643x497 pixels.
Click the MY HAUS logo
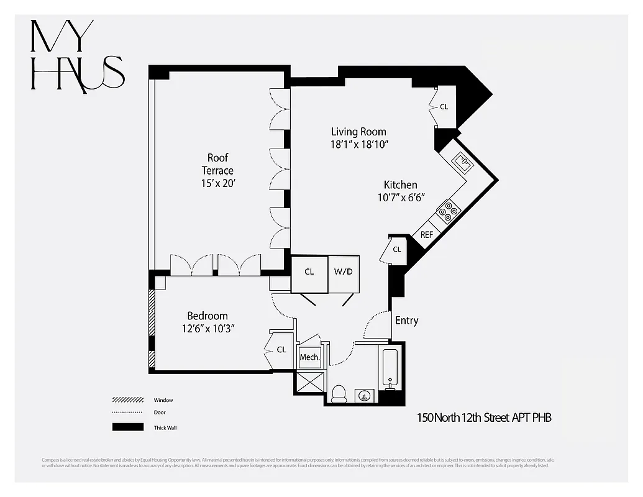click(77, 56)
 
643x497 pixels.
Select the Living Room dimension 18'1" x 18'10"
click(358, 145)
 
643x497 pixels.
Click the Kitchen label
click(400, 185)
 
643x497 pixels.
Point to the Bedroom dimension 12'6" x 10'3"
click(207, 329)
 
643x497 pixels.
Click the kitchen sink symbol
click(463, 162)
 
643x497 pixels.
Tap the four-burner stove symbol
click(447, 211)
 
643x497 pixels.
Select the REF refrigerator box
click(426, 234)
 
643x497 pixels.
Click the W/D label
click(343, 271)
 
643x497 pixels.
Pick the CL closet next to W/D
click(309, 271)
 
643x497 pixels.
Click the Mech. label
click(309, 357)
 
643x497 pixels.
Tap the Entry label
click(406, 321)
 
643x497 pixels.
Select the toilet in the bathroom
click(339, 394)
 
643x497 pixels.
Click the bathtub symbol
click(390, 368)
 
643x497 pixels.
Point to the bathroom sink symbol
click(364, 396)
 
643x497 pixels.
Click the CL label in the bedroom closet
click(281, 350)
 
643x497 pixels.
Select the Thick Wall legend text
click(165, 427)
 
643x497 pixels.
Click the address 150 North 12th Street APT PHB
click(483, 417)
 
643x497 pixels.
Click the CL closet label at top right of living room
click(444, 106)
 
